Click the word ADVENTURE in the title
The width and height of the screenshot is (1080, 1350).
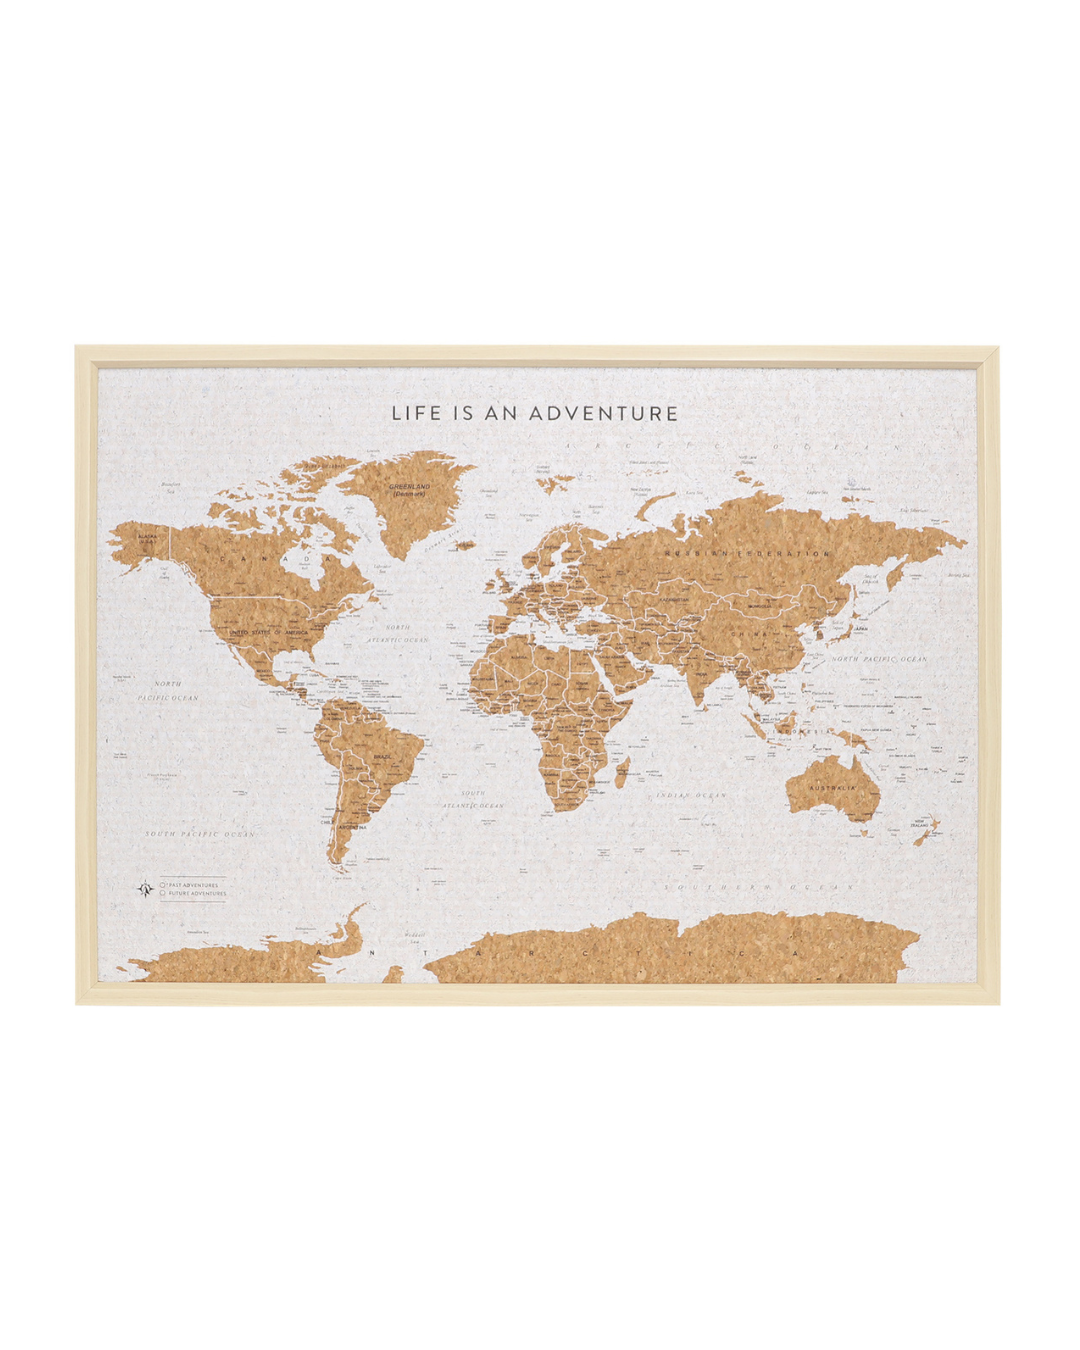pos(603,413)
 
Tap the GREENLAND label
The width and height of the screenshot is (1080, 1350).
pos(409,489)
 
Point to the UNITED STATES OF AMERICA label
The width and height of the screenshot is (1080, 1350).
pos(268,633)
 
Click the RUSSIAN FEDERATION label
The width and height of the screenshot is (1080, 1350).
pos(747,553)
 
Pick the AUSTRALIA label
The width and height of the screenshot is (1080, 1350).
pos(832,788)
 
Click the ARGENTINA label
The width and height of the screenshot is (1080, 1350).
pos(352,827)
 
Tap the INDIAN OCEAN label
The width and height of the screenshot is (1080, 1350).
pos(691,795)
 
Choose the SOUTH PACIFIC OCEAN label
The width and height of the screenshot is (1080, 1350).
pos(200,833)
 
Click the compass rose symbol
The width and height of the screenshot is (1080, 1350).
pos(146,888)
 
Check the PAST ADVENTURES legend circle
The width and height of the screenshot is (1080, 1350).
pos(163,885)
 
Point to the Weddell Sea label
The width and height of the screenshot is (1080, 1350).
pos(415,936)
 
